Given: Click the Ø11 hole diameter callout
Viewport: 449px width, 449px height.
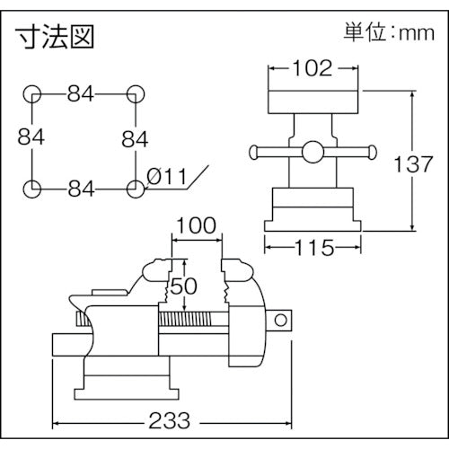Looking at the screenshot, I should pyautogui.click(x=164, y=178).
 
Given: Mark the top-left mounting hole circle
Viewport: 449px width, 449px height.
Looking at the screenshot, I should pyautogui.click(x=32, y=93).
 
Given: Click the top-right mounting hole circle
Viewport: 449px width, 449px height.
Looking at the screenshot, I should pyautogui.click(x=136, y=93).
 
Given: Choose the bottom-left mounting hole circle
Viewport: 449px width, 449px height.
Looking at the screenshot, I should pyautogui.click(x=32, y=189).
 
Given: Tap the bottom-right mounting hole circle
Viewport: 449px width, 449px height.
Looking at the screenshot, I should pyautogui.click(x=136, y=189).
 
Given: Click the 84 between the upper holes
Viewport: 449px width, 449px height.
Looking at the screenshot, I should pyautogui.click(x=84, y=93).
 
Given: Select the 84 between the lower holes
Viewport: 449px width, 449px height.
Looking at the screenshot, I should pyautogui.click(x=84, y=189).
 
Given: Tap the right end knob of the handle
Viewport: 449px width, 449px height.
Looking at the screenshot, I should pyautogui.click(x=371, y=151).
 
